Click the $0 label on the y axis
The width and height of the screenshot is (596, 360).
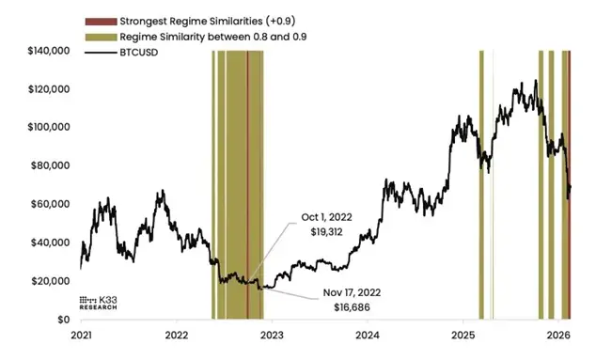62,320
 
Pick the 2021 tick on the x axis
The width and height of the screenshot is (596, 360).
81,335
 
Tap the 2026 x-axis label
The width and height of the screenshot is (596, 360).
558,335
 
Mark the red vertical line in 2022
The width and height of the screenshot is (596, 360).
247,188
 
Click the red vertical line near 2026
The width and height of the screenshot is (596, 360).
570,188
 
